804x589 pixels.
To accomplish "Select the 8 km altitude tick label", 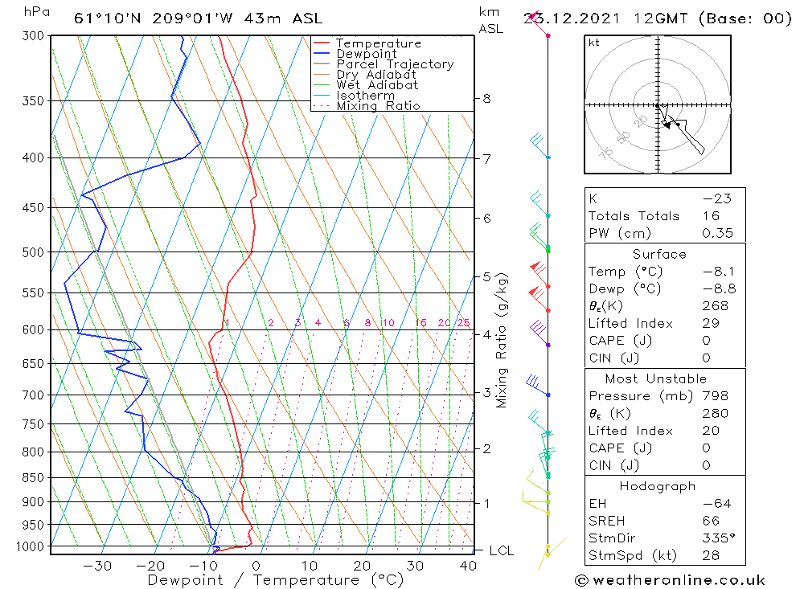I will (x=486, y=99).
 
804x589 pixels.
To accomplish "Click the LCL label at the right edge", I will (x=501, y=551).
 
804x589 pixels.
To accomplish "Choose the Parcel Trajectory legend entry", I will (x=395, y=64).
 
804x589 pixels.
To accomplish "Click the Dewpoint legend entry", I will (x=367, y=54).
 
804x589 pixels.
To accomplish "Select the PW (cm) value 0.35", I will (x=717, y=233).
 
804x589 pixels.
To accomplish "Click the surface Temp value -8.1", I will (x=718, y=272).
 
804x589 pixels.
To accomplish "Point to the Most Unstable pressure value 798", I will (x=714, y=396).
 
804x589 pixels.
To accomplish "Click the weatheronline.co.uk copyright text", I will (x=671, y=580).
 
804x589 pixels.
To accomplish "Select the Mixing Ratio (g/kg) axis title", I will (x=503, y=340).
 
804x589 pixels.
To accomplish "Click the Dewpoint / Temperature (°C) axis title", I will (x=264, y=579).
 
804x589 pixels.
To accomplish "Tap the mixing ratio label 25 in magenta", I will (x=463, y=323).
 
